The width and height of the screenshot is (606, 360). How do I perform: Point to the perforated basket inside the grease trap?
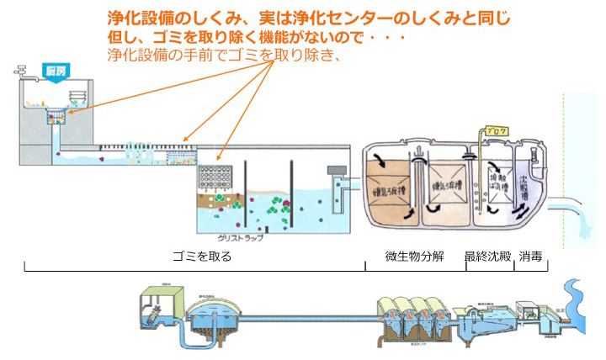click(x=215, y=177)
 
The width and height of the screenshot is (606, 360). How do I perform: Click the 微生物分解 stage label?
click(x=413, y=257)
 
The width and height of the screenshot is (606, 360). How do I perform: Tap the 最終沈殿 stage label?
click(x=488, y=257)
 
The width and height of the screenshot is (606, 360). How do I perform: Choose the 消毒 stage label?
click(x=531, y=257)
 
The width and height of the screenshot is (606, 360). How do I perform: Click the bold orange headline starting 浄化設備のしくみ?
click(x=309, y=18)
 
